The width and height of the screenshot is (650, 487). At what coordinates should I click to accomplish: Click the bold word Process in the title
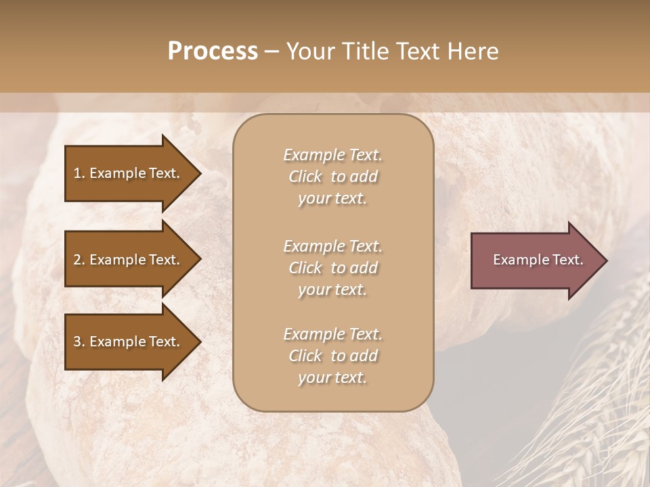[213, 51]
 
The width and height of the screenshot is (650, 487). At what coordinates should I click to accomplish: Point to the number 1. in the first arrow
[79, 173]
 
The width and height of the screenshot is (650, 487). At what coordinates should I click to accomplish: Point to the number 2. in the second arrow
[79, 260]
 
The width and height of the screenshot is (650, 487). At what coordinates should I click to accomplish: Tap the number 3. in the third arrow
[79, 342]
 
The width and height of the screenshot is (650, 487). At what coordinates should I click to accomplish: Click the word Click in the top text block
[305, 177]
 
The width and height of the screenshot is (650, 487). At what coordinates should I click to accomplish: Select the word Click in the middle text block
[305, 268]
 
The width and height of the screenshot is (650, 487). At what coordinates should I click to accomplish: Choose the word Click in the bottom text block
[305, 356]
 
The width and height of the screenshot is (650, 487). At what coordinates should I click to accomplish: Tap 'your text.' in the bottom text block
[332, 377]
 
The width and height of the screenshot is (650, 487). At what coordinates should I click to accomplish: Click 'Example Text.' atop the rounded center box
[332, 155]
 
